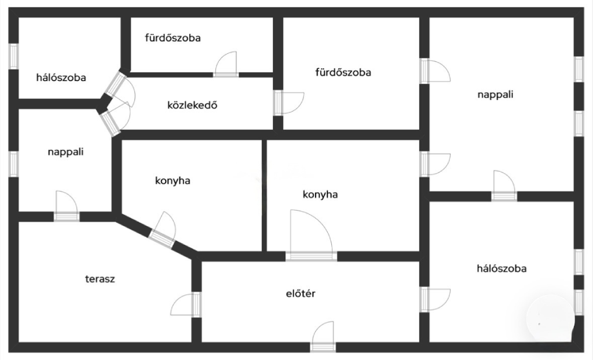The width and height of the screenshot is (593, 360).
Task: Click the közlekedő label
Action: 192,105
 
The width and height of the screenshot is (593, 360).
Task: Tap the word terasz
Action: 100,279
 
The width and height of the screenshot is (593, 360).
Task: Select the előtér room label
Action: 301,293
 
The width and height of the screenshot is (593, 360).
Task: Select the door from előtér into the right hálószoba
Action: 435,299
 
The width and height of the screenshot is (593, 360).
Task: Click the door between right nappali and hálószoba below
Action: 504,186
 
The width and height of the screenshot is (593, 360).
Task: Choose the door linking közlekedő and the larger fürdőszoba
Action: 289,103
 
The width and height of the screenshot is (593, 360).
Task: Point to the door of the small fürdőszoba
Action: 226,64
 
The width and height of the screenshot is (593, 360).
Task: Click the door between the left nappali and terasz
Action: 67,206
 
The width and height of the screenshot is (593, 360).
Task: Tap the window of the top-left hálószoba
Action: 14,56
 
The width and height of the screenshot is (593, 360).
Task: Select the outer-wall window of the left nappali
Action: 14,164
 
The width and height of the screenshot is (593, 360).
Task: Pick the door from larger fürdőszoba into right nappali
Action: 435,71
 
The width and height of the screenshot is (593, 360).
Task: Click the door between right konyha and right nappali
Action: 435,164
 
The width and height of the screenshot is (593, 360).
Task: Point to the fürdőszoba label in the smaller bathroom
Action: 173,38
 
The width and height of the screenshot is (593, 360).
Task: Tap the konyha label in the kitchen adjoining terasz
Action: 173,181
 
